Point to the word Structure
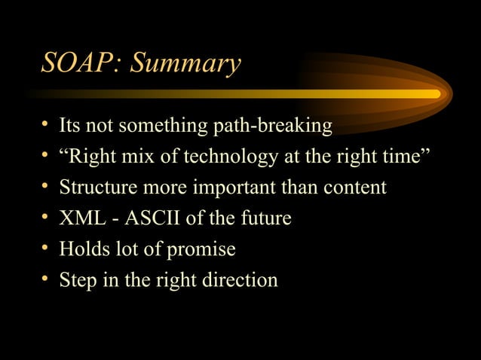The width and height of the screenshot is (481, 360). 93,188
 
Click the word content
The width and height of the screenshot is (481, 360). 351,188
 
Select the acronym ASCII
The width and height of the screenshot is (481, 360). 152,218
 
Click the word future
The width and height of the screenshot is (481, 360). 263,218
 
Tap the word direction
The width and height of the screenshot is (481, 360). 237,280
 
